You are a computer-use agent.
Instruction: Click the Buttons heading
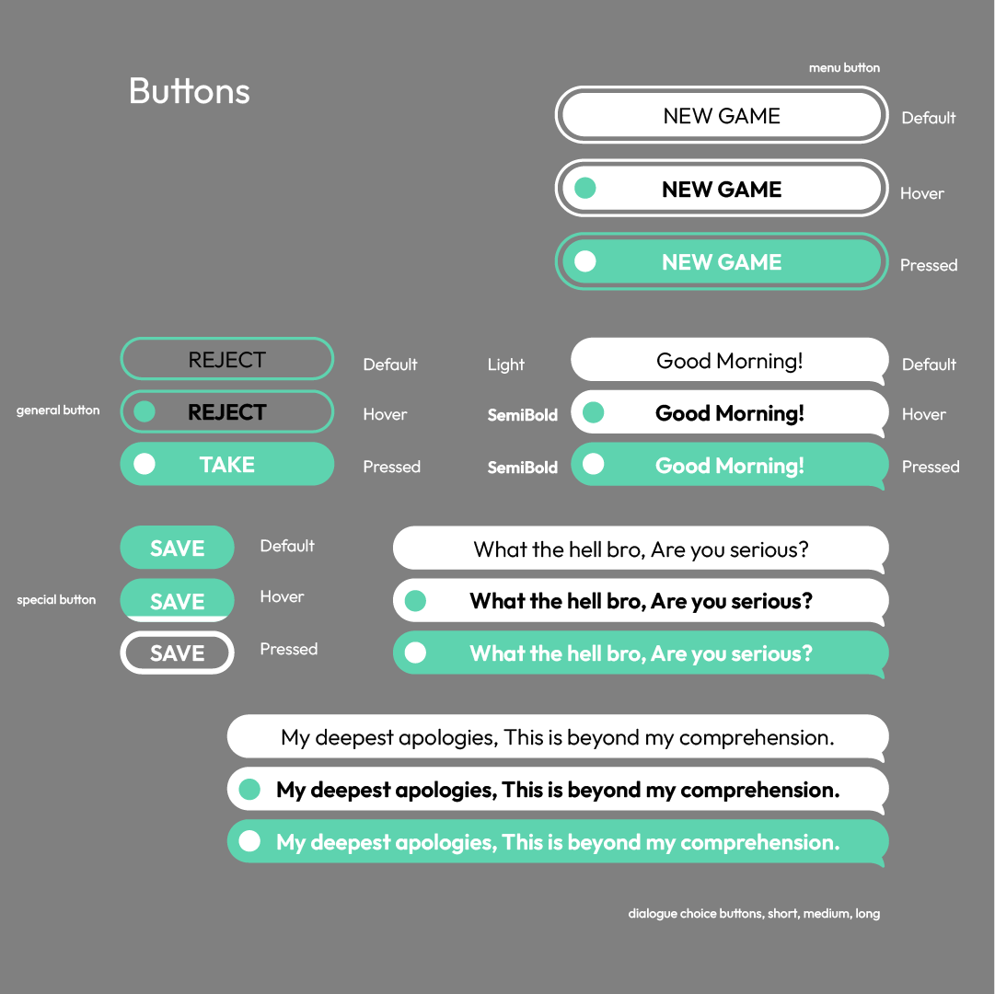[189, 91]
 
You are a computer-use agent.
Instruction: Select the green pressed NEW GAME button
[722, 261]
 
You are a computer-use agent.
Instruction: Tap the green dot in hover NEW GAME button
[585, 188]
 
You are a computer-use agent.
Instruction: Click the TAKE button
[227, 464]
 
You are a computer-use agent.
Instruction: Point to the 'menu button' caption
[844, 68]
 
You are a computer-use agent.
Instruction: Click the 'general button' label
[58, 410]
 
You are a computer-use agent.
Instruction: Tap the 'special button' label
[56, 599]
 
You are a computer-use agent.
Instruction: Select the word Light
[505, 364]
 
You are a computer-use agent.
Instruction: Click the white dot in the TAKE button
[145, 464]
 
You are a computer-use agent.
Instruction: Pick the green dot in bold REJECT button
[145, 411]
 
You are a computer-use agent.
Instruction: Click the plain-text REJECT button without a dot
[227, 359]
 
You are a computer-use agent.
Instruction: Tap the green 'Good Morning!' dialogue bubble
[729, 466]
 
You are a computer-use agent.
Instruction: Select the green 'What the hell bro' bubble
[641, 653]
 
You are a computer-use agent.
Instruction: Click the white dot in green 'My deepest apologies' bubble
[249, 841]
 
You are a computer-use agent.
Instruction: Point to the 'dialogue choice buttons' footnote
[754, 913]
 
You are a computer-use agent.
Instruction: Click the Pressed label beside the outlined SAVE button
[289, 649]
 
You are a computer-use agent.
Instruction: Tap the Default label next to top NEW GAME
[929, 118]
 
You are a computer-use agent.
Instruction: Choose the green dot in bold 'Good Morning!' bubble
[594, 412]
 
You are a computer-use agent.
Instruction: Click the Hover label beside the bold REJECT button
[385, 414]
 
